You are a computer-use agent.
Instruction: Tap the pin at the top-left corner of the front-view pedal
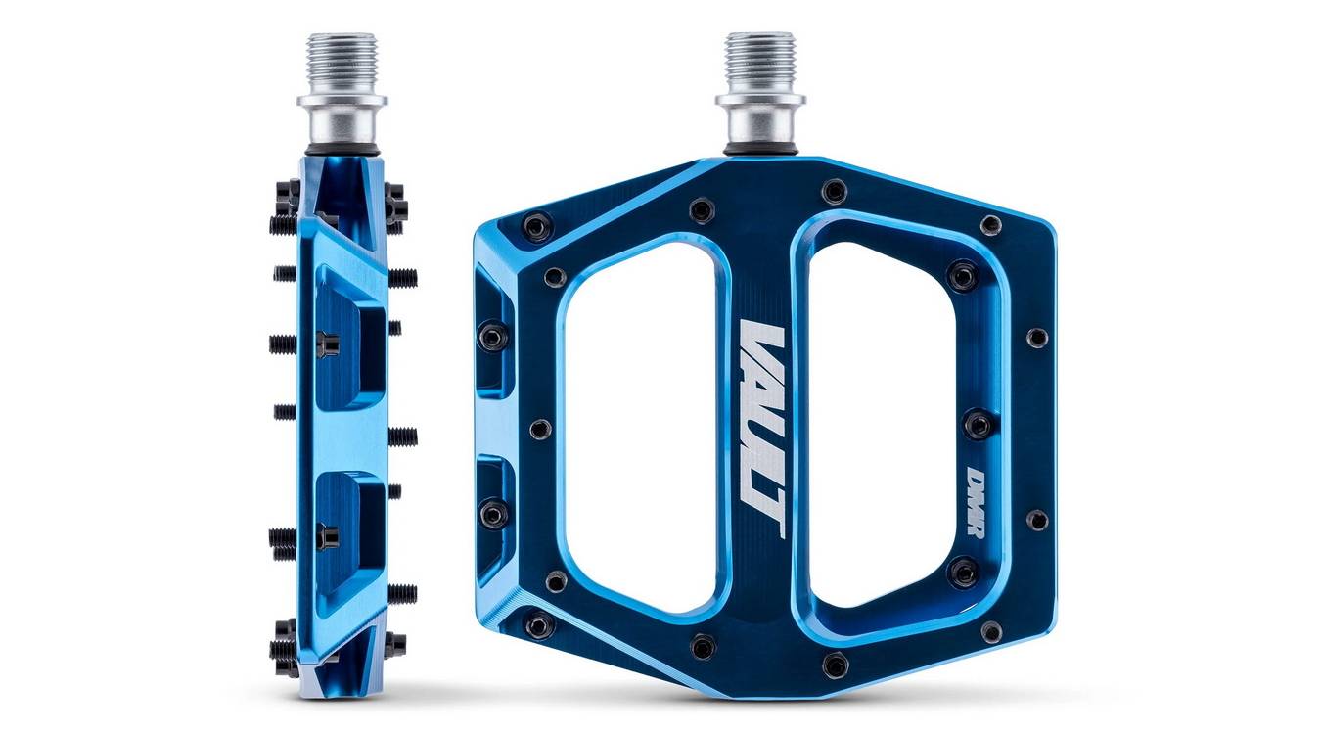536,227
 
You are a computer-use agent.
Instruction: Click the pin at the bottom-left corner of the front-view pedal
538,624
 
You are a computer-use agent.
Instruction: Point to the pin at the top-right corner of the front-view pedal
990,225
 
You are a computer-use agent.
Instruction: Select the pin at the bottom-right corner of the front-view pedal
990,631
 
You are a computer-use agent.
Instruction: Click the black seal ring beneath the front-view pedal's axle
759,150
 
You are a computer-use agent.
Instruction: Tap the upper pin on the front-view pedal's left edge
492,338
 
